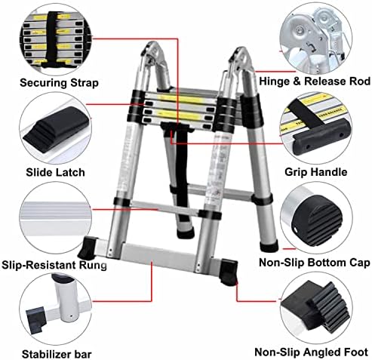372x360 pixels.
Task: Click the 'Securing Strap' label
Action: click(59, 83)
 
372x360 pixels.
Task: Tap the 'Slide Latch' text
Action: click(55, 173)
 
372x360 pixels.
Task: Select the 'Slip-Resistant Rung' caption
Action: click(54, 265)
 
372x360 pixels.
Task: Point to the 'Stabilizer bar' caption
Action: click(57, 354)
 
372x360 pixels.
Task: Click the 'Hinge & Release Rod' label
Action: click(315, 82)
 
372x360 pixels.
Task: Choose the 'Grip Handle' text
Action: click(316, 172)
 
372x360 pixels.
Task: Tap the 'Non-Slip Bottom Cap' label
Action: click(315, 263)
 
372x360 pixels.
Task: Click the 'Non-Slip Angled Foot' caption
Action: click(312, 352)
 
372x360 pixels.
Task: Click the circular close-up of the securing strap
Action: click(56, 40)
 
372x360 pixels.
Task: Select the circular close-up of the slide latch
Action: click(55, 130)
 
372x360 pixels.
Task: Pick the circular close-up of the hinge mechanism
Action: click(316, 38)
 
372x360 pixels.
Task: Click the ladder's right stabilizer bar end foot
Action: click(229, 272)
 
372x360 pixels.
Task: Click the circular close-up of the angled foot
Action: click(316, 308)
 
